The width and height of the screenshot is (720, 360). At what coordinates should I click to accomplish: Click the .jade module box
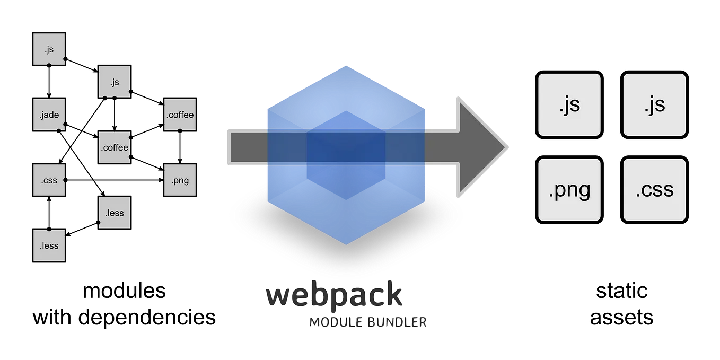49,115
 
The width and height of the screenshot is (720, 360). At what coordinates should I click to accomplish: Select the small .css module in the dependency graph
49,180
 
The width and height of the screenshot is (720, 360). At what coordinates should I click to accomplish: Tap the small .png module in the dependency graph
180,180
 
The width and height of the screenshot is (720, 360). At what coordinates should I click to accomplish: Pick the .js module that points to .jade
49,49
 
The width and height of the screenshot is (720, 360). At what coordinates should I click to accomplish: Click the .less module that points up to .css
49,245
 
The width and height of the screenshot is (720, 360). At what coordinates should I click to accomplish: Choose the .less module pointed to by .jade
115,213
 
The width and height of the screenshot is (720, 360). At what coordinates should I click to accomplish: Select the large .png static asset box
569,190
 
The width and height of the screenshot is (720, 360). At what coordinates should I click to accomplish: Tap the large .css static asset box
654,190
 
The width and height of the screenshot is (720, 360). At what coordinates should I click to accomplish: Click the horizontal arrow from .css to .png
115,180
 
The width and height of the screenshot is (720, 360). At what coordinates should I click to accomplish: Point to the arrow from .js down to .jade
49,82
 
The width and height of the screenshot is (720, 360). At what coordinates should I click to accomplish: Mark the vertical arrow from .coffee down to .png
180,147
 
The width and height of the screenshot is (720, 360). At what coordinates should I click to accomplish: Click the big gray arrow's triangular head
481,147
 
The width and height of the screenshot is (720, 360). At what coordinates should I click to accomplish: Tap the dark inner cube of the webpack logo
346,155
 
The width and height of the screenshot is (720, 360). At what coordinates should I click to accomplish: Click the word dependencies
147,318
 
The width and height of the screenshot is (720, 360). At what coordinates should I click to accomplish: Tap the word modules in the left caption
125,291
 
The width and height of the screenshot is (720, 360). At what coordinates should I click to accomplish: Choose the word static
621,291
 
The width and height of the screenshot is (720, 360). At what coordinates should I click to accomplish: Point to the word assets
621,318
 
